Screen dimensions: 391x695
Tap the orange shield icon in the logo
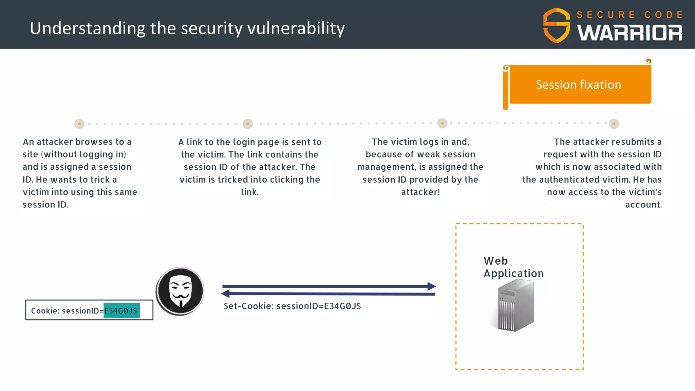[557, 25]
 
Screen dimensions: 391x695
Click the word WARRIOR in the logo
[630, 33]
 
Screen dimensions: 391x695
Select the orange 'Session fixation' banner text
[578, 85]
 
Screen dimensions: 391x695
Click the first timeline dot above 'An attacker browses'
[79, 124]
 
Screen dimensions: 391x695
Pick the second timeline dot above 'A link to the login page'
[248, 124]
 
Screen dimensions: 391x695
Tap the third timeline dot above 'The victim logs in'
[442, 124]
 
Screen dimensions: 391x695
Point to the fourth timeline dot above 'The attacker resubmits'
[614, 124]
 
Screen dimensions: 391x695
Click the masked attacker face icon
[180, 291]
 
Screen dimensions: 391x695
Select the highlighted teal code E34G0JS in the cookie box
[121, 311]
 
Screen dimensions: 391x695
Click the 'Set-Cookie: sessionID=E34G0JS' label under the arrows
[292, 306]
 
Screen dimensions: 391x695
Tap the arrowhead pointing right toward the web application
[431, 286]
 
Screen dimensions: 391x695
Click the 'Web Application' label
[513, 267]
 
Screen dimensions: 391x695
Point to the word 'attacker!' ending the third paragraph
[420, 192]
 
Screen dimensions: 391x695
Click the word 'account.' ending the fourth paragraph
[643, 205]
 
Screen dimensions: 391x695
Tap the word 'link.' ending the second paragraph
[250, 192]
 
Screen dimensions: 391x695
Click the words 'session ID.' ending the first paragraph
[45, 205]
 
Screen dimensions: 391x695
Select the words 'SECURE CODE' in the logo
[630, 15]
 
